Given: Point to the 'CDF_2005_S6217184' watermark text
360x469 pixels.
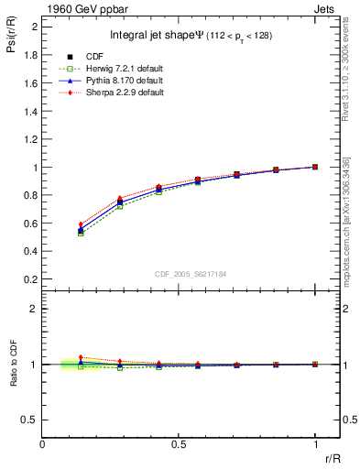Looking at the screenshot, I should coord(191,272).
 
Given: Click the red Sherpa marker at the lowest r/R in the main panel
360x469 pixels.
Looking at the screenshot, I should coord(81,224).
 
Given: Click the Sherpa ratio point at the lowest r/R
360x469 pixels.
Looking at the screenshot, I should coord(81,358).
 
